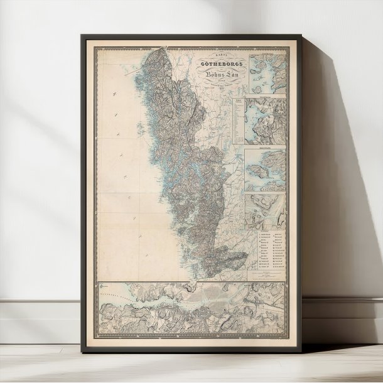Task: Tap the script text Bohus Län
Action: pos(216,75)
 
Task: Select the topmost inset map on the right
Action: pos(266,73)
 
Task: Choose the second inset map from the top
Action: pos(265,121)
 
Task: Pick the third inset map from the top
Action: pos(265,170)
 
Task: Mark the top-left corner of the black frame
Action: pos(82,36)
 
